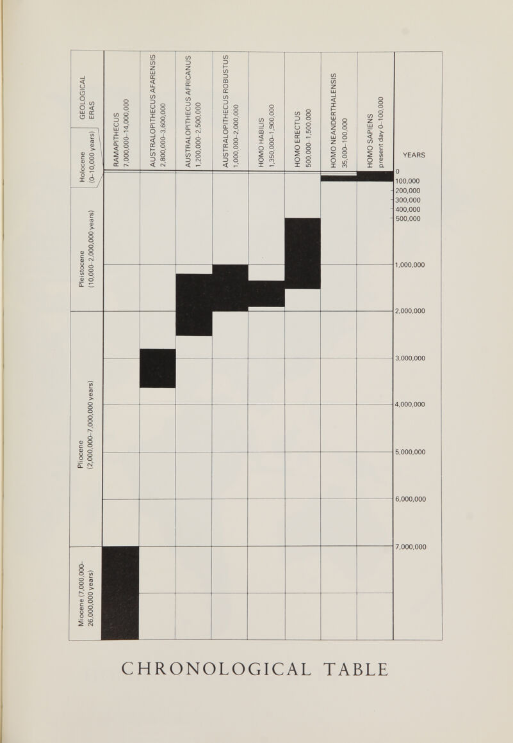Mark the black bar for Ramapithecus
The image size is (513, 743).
click(x=120, y=592)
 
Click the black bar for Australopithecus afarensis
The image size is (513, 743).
click(x=158, y=368)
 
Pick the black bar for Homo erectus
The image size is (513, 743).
click(x=302, y=253)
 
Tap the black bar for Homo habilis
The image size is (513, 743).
click(x=266, y=294)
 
